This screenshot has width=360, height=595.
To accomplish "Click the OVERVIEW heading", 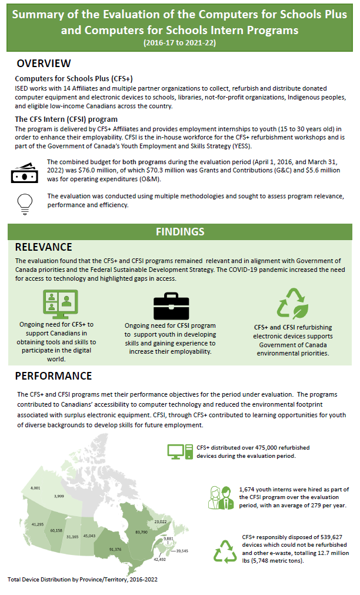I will click(44, 64).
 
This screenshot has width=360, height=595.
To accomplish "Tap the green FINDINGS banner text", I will click(180, 231).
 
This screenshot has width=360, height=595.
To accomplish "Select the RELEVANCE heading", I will click(44, 247).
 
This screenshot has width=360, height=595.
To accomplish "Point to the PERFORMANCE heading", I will click(53, 375).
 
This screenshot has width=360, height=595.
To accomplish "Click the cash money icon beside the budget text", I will click(25, 173).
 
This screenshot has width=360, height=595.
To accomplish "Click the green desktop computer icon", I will click(179, 451).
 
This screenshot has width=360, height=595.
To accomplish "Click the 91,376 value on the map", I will click(115, 549).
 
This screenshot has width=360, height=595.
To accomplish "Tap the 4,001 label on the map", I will click(36, 488).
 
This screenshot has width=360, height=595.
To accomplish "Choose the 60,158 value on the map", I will click(56, 530).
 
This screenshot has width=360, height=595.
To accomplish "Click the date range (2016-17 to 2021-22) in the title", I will click(179, 42).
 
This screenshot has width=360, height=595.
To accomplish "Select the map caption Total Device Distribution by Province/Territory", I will click(82, 580).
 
